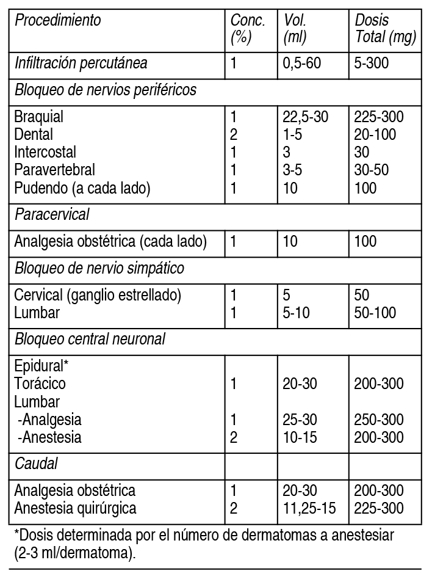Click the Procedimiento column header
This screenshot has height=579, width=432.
(58, 21)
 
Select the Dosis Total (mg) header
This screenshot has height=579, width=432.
(386, 29)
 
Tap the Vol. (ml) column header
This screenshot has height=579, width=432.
(295, 29)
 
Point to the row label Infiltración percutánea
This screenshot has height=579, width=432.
(81, 63)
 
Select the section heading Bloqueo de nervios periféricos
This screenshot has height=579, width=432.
(106, 90)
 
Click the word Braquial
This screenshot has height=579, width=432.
(39, 117)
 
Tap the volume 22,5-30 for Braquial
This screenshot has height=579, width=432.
(306, 117)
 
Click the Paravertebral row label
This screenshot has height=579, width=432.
(55, 170)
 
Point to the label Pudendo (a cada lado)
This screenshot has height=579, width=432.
(82, 188)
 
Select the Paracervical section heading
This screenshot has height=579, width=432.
(52, 214)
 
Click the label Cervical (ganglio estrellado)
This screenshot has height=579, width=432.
(98, 295)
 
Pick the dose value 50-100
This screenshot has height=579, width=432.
(375, 313)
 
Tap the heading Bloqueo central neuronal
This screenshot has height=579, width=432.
(90, 339)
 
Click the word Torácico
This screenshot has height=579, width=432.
(40, 384)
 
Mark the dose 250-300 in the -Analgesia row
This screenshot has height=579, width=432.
(379, 420)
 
